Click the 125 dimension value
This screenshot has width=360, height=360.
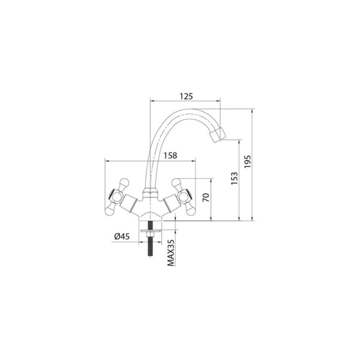(x=186, y=97)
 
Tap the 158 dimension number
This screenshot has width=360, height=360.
(x=170, y=155)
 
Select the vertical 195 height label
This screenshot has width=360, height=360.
(x=247, y=161)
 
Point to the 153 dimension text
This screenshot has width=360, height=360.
(x=234, y=178)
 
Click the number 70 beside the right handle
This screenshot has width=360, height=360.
(x=206, y=197)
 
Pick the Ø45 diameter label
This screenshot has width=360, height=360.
(x=122, y=236)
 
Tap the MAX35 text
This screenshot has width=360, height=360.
(x=171, y=253)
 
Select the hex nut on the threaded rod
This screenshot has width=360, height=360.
(x=151, y=234)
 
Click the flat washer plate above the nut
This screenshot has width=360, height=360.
(x=151, y=230)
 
